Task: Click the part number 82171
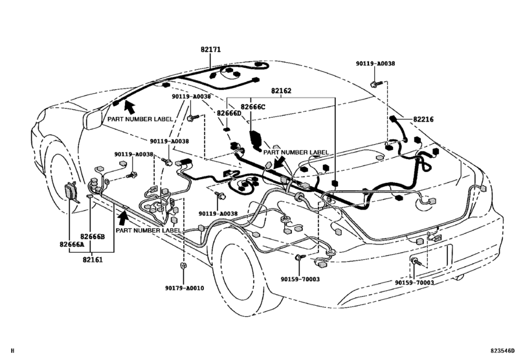tap(210, 50)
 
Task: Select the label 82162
tap(282, 92)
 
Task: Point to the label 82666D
tap(229, 113)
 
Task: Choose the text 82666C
tap(253, 107)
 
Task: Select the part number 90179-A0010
tap(183, 288)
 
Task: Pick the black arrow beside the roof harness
tap(129, 106)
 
